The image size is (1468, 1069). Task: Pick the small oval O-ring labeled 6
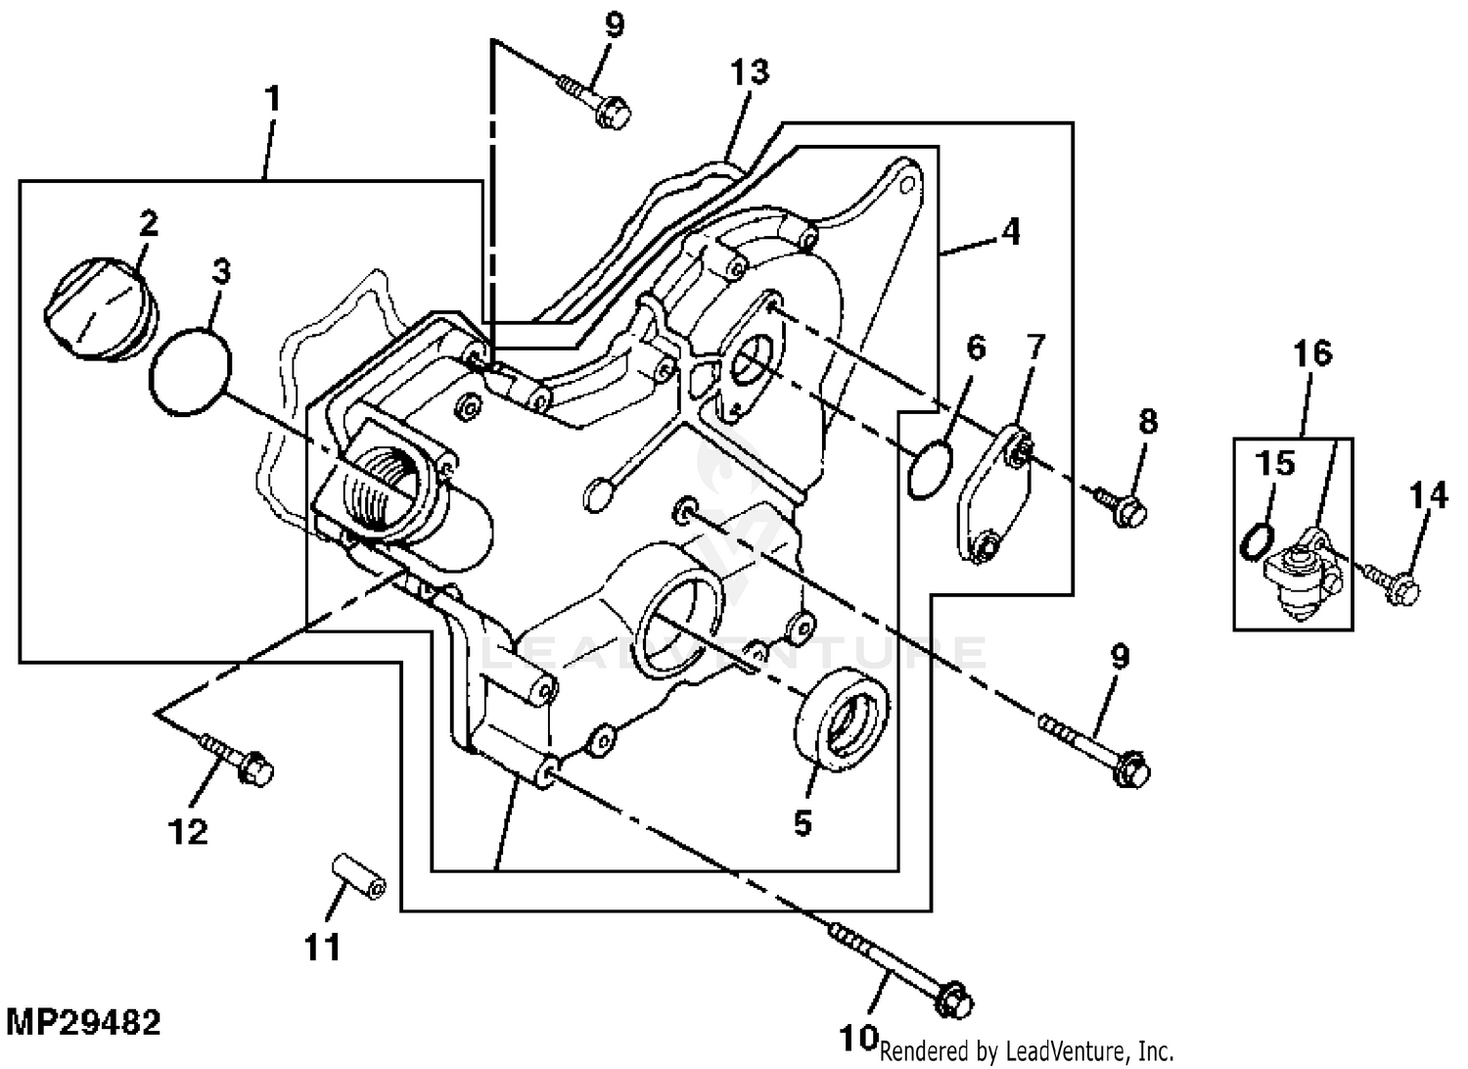point(929,468)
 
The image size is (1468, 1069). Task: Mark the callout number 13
point(749,71)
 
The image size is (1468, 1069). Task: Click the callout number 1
point(272,98)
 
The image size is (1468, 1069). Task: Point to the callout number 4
point(1009,232)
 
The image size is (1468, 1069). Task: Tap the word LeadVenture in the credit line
point(1059,1051)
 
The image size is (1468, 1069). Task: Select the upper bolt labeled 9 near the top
point(594,102)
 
